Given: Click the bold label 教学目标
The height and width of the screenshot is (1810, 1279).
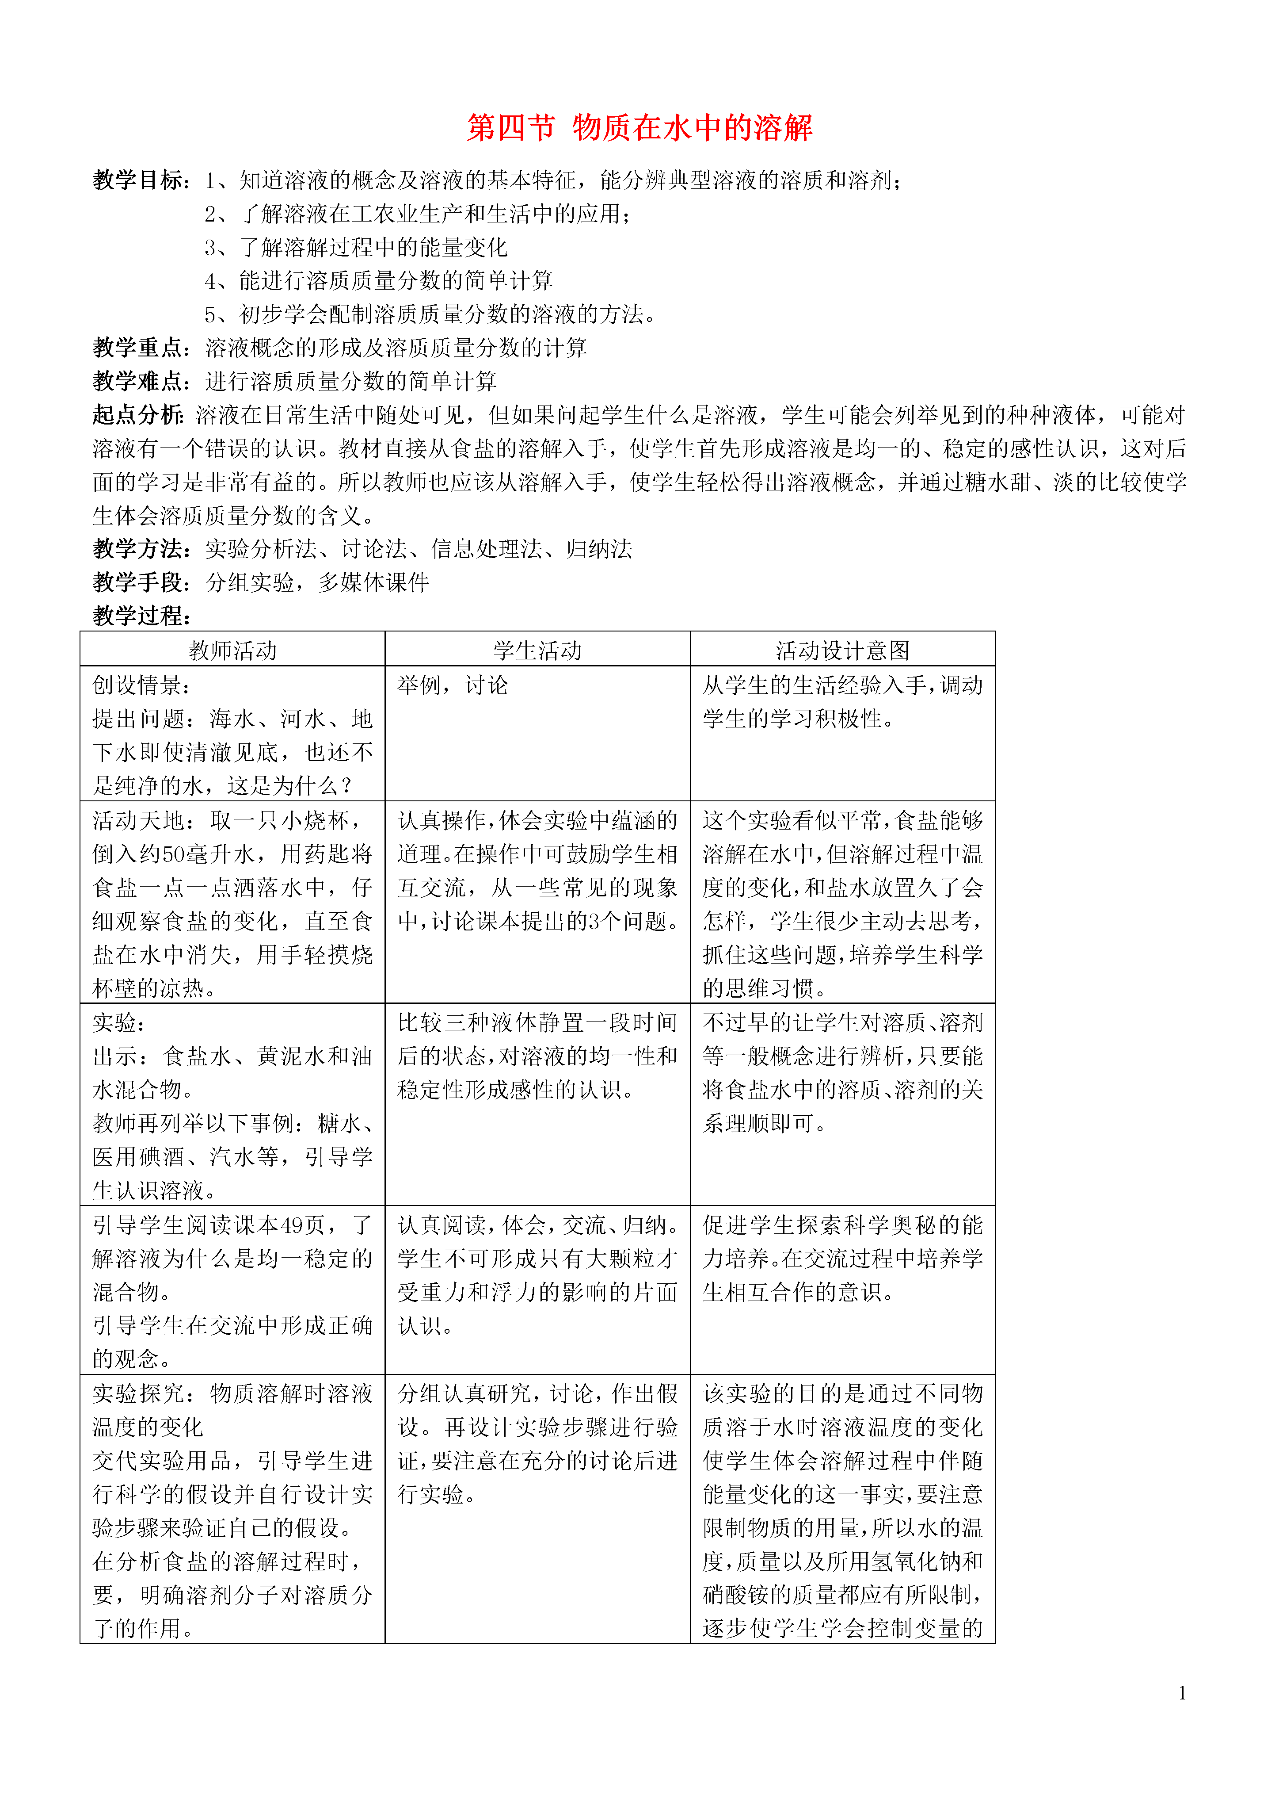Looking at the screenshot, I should coord(139,180).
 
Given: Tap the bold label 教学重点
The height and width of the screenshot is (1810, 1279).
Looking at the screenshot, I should coord(139,348).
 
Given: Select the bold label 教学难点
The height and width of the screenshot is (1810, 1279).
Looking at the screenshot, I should coord(139,382).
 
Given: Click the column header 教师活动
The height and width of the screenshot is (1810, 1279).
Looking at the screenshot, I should coord(232,651).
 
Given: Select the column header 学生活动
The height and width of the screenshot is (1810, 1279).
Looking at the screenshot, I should coord(537,651).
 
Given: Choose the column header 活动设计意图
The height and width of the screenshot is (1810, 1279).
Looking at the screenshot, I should coord(842,651).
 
